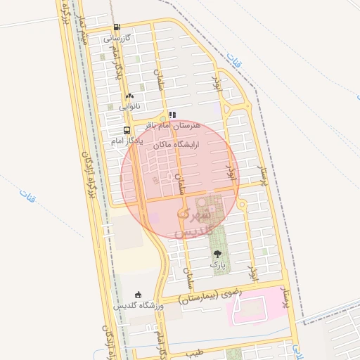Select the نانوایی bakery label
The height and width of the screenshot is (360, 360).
point(129,106)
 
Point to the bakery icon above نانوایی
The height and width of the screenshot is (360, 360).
point(129,96)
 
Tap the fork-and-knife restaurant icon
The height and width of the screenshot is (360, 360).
point(172,115)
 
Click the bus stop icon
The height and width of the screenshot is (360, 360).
point(127,131)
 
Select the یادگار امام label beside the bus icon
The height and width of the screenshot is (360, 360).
point(127,141)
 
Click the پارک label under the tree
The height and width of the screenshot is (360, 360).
point(217,265)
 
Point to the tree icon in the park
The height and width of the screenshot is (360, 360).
point(217,254)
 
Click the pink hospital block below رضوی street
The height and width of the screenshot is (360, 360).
point(260,306)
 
